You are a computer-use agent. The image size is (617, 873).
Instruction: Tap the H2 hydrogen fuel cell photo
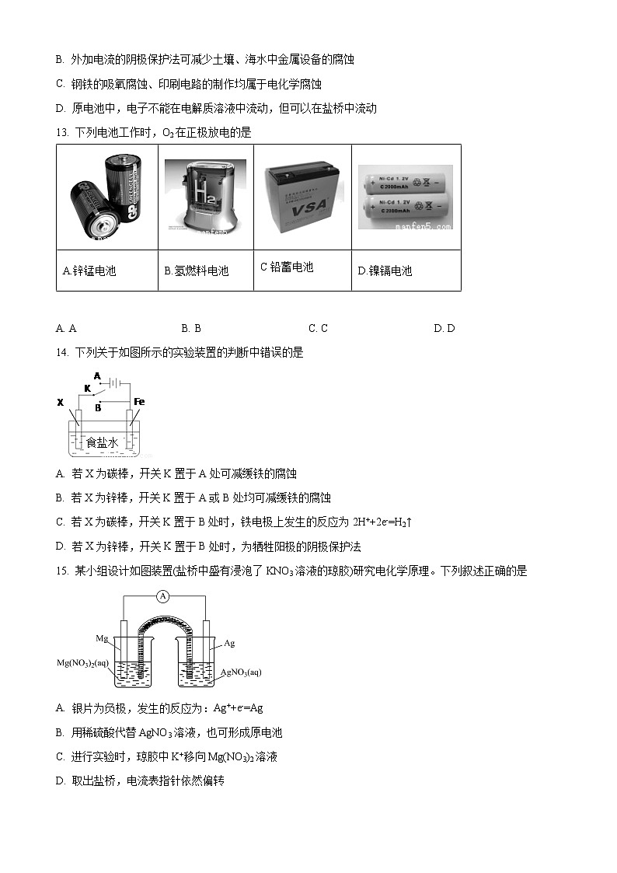point(205,197)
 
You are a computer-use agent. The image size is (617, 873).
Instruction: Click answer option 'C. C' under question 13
point(318,328)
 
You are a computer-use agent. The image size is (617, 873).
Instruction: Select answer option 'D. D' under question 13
point(444,328)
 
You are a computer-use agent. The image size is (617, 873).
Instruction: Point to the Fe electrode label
point(139,401)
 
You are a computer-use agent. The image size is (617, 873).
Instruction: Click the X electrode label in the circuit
point(60,402)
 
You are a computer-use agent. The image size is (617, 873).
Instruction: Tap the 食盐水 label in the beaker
point(102,442)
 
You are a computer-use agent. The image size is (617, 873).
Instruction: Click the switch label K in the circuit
point(87,387)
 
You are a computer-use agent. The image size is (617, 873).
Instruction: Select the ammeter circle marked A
point(162,596)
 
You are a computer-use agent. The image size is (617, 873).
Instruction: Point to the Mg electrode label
point(102,638)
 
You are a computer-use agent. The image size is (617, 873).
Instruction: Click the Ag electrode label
point(229,643)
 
